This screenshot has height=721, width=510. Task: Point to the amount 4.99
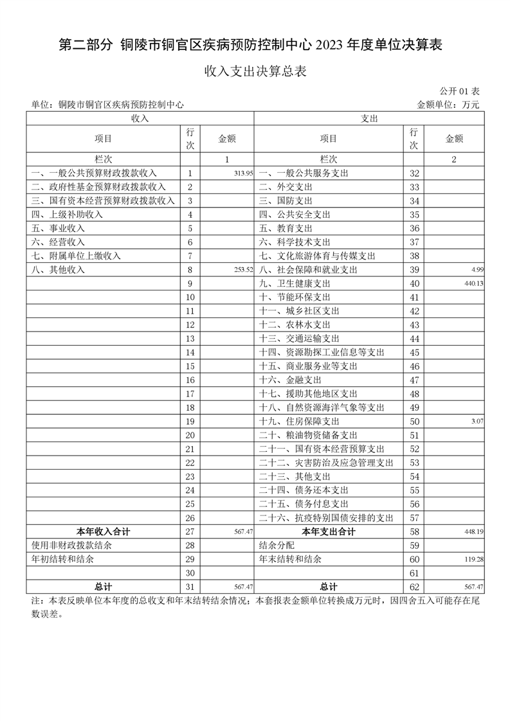tap(477, 270)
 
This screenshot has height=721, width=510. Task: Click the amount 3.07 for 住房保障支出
tap(477, 422)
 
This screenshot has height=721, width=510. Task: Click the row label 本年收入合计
tap(104, 532)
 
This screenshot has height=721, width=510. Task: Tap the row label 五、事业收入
tap(58, 228)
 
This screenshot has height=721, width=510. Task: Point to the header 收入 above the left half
tap(140, 119)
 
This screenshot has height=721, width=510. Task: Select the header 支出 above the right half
tap(369, 119)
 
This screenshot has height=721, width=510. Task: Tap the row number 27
tap(190, 532)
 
